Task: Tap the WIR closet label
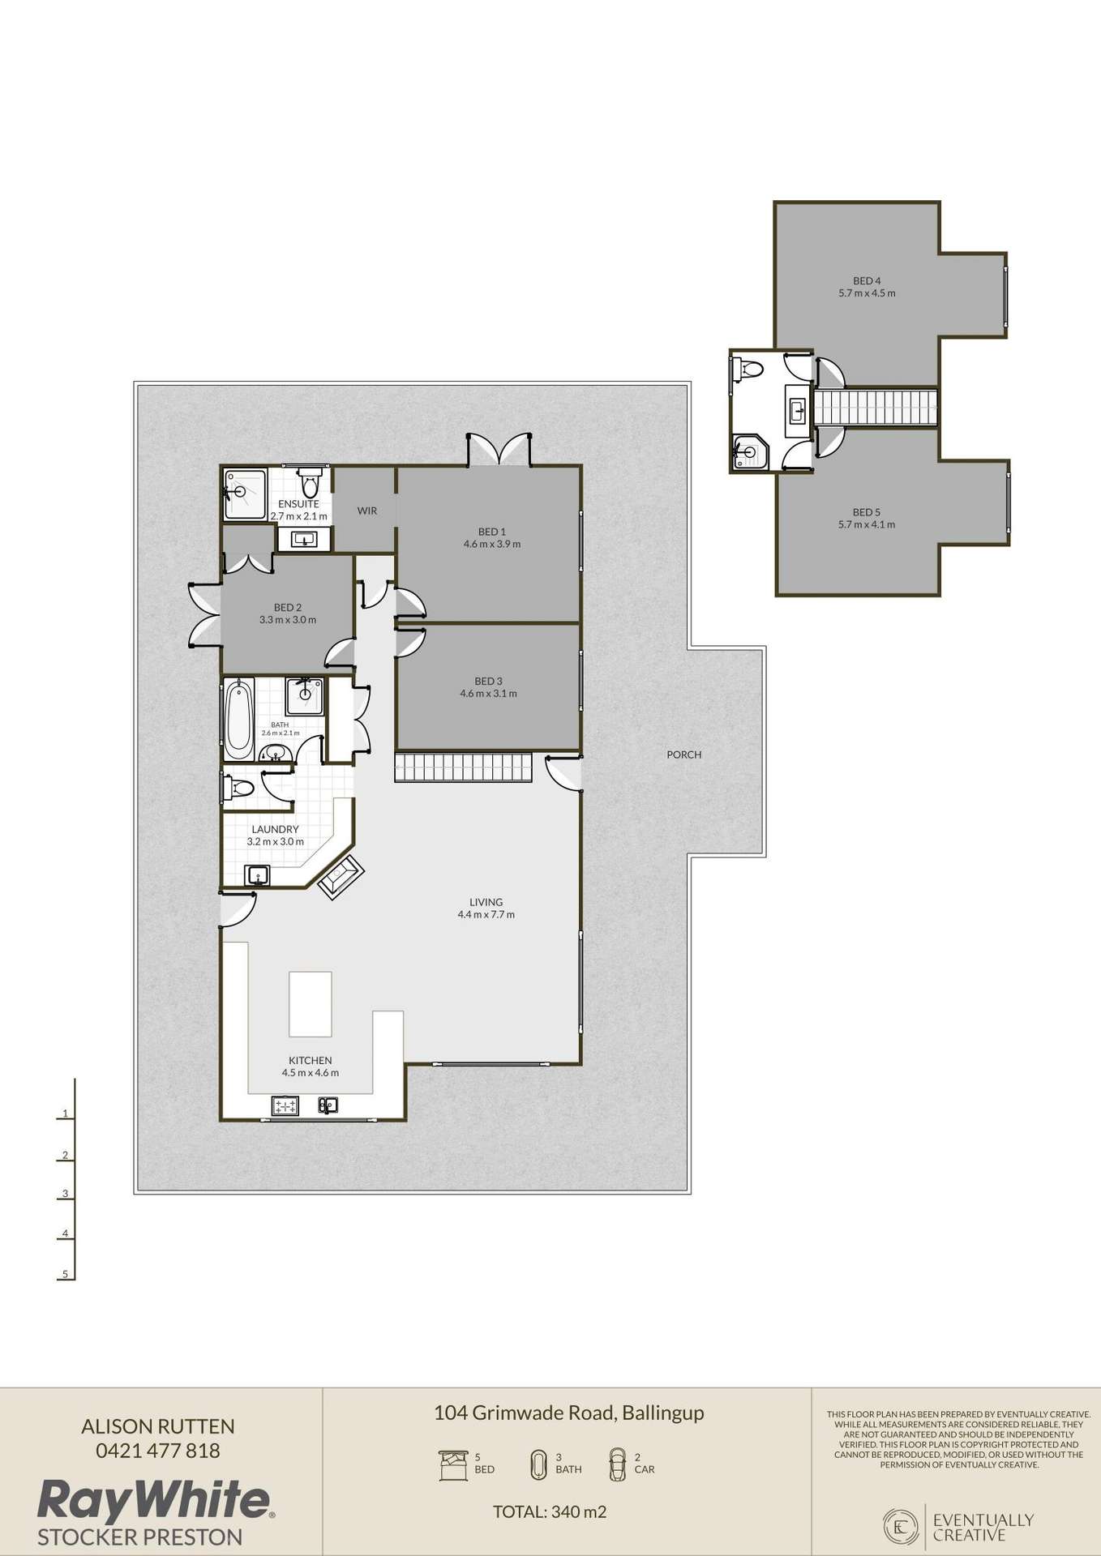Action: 367,511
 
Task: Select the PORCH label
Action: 683,754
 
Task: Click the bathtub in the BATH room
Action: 238,719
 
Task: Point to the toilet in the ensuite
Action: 309,484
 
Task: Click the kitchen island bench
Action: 311,1003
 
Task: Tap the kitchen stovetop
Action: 286,1105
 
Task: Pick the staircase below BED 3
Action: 462,767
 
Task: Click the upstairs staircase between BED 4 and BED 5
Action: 876,408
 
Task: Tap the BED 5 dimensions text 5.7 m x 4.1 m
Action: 867,524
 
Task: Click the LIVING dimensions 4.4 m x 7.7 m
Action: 486,914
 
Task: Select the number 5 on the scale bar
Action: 65,1274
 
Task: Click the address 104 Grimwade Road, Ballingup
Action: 568,1413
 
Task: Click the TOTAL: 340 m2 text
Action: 550,1511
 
